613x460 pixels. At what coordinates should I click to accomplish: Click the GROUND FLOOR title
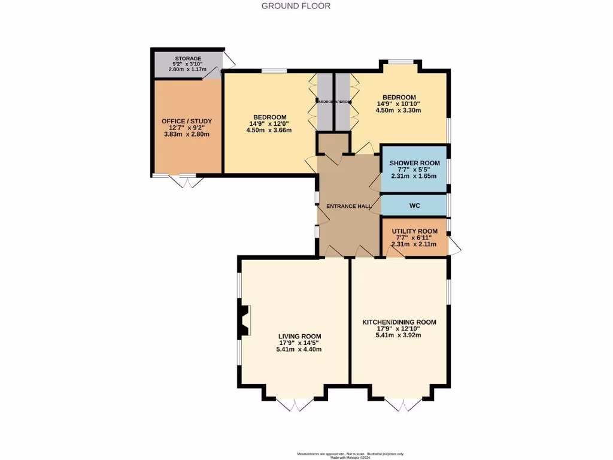point(296,6)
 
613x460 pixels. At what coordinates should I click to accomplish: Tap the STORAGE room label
point(188,58)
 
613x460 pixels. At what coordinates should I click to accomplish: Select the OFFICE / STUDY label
point(187,121)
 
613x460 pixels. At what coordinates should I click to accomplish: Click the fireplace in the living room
point(244,320)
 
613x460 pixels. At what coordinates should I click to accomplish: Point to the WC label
point(415,205)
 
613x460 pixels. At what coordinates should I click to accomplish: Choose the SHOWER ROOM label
point(415,163)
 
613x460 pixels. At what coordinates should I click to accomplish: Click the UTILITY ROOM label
point(415,231)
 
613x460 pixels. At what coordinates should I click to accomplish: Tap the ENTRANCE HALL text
point(348,206)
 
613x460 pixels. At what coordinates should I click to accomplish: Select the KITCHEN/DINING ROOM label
point(399,322)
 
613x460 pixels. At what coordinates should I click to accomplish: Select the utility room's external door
point(455,245)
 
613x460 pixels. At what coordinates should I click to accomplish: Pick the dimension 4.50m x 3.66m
point(269,131)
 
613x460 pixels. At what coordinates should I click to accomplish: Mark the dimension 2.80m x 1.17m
point(188,69)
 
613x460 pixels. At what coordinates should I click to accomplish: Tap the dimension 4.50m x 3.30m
point(399,110)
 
